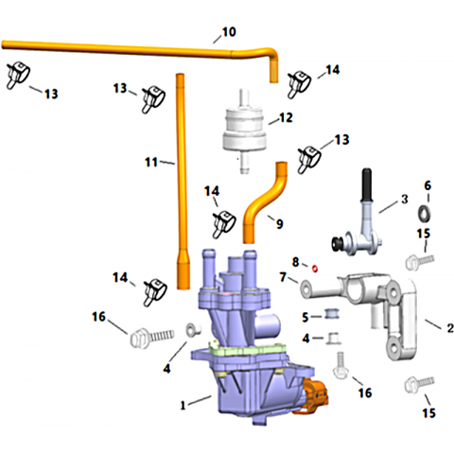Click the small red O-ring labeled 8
point(315,269)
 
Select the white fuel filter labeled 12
point(243,131)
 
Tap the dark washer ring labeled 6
point(424,214)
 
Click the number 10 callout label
point(229,32)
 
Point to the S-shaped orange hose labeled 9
point(264,201)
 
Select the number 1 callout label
point(183,405)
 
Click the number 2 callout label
point(450,328)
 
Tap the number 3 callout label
point(404,199)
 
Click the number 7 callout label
point(283,277)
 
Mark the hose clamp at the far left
point(18,75)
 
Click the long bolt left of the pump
point(152,338)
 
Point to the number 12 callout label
point(286,117)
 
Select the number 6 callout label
point(428,185)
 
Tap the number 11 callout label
point(151,163)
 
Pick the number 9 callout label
point(280,224)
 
